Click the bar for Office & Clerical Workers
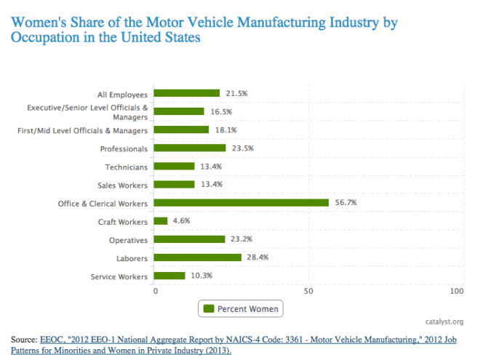[241, 203]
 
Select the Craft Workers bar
[161, 221]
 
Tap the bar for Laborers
[197, 257]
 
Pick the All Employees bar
[187, 93]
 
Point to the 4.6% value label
[182, 221]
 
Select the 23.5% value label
[241, 148]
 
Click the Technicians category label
[127, 167]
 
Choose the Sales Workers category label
[123, 185]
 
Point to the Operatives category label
[128, 240]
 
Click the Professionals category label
[124, 148]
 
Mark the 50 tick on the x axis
[308, 292]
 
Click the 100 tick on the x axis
[457, 292]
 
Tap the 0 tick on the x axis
[156, 292]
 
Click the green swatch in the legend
[209, 309]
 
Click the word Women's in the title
[36, 22]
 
